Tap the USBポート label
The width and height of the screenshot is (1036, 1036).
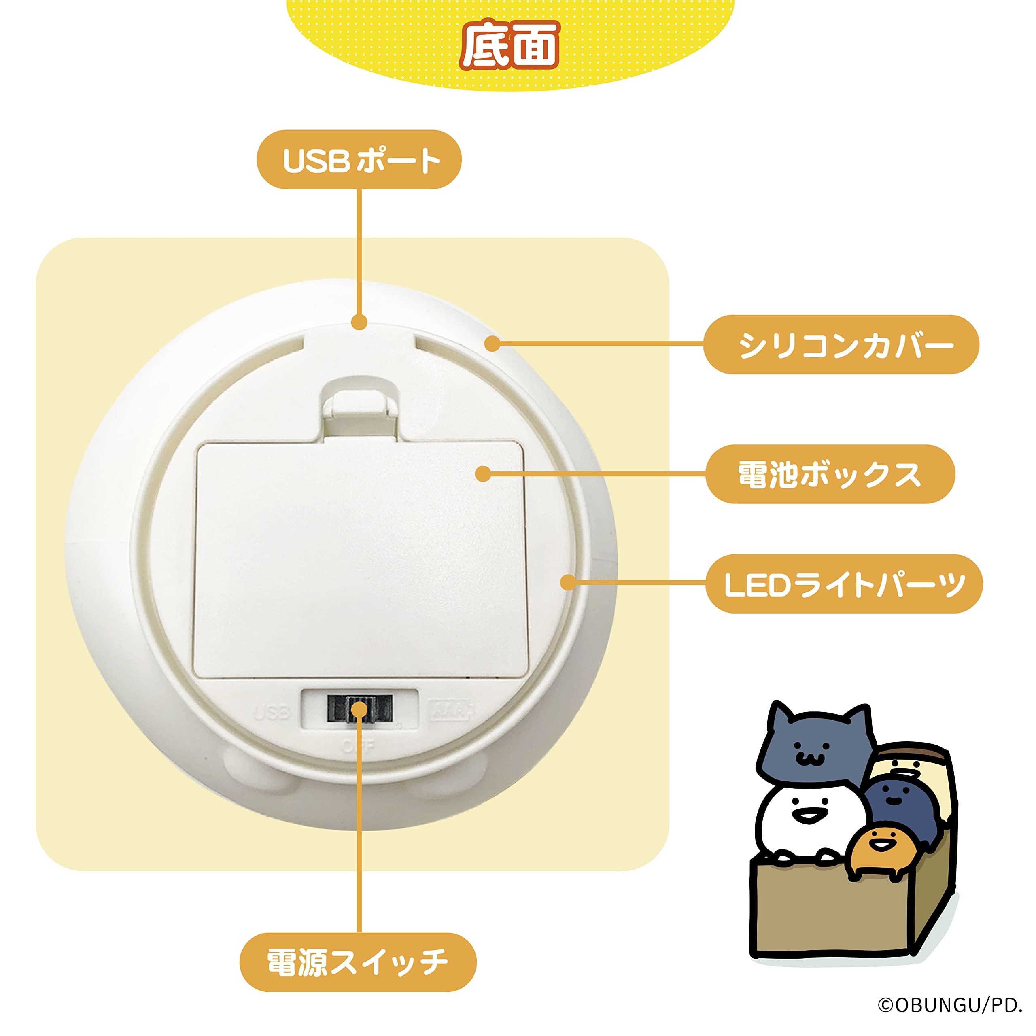359,160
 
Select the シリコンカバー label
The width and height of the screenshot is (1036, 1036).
841,344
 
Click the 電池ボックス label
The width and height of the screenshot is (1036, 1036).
830,474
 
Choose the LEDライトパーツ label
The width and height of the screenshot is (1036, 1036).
843,584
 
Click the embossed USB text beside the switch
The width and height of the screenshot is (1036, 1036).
272,713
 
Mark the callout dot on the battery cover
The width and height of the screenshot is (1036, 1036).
483,473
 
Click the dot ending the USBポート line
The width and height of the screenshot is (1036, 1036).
359,322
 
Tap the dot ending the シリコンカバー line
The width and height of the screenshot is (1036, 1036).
492,344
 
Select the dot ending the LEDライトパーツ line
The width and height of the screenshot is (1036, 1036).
568,582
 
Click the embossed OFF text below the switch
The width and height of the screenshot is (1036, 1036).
358,746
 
